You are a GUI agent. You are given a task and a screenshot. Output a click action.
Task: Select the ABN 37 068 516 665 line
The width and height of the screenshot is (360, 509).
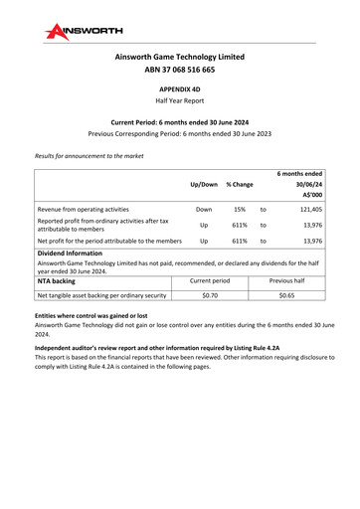[179, 71]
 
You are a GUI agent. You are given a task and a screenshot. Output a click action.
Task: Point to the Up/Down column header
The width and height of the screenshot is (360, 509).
[203, 184]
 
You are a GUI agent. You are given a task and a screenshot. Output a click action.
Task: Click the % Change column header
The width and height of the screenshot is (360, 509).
[239, 184]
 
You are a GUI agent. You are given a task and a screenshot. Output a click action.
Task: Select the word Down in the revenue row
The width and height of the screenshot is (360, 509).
[203, 210]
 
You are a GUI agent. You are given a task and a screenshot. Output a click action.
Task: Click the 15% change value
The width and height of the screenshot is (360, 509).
[239, 210]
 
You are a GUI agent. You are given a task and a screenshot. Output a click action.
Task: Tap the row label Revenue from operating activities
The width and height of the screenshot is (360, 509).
[86, 210]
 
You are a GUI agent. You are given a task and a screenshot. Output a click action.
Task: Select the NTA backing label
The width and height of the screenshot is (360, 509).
[63, 280]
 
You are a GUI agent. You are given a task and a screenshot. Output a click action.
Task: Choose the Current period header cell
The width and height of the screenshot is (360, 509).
[210, 280]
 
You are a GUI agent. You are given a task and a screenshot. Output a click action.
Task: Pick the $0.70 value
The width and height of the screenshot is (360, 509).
[210, 295]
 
